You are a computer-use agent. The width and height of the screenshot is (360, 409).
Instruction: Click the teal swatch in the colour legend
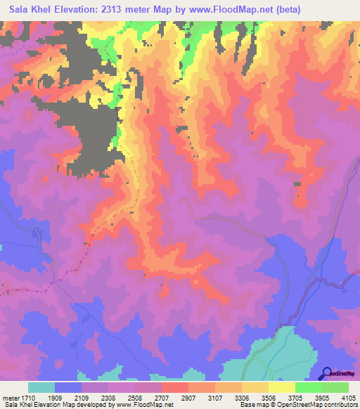point(41,388)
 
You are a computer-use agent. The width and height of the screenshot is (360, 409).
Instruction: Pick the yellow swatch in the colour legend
point(281,388)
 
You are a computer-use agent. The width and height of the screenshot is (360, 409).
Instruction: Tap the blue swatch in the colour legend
point(68,388)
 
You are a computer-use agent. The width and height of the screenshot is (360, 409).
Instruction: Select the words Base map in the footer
point(252,404)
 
